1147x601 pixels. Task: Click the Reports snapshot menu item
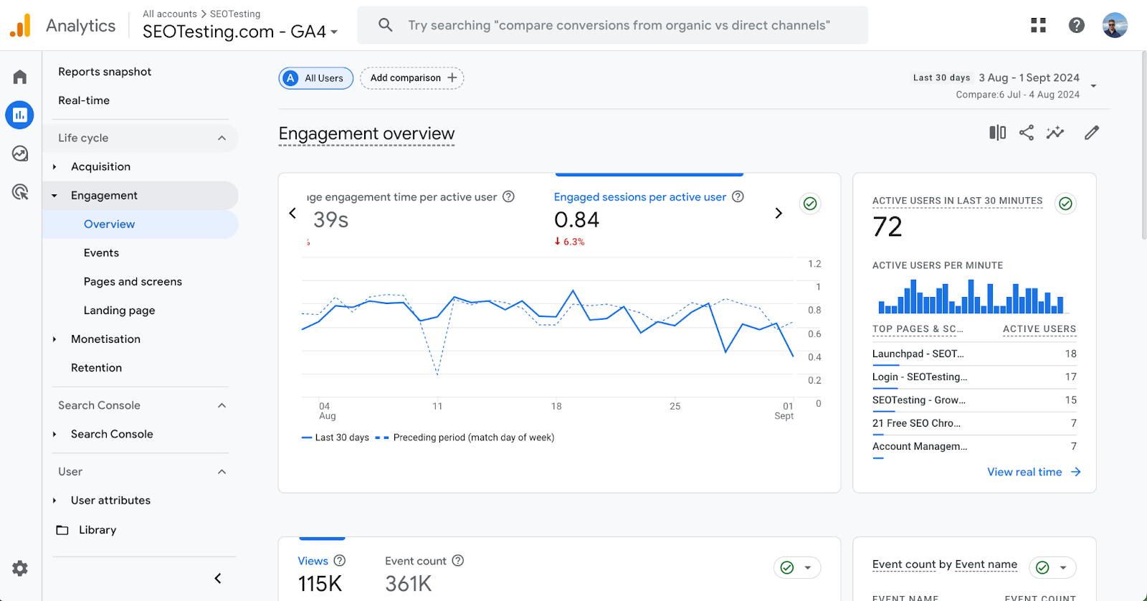(105, 72)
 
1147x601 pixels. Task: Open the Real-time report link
(84, 100)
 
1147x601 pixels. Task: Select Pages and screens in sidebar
(133, 282)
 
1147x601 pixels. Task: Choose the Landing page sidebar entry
(119, 311)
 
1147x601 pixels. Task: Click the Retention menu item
(96, 368)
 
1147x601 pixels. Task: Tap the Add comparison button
(412, 78)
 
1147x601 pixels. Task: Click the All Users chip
(316, 78)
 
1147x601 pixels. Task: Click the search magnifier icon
(385, 25)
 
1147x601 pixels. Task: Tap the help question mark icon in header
(1076, 25)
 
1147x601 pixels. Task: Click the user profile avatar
(1115, 25)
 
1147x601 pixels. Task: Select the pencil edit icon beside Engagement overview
(1091, 133)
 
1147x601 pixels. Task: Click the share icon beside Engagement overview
(1027, 133)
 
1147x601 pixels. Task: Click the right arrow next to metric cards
(779, 213)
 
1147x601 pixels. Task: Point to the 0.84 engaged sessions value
(576, 220)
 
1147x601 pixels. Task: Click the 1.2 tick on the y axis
(814, 264)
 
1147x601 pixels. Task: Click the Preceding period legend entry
(473, 437)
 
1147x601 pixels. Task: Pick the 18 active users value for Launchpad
(1070, 354)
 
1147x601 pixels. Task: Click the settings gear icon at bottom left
(20, 569)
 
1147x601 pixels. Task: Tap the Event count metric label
(415, 561)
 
